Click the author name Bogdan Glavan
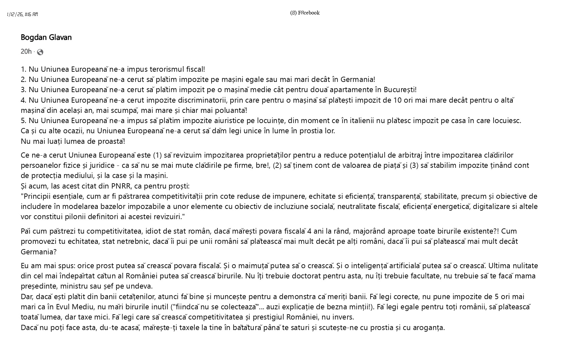46,38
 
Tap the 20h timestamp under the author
26,52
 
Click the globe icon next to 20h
40,52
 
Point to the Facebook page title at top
305,13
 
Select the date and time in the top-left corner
22,14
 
